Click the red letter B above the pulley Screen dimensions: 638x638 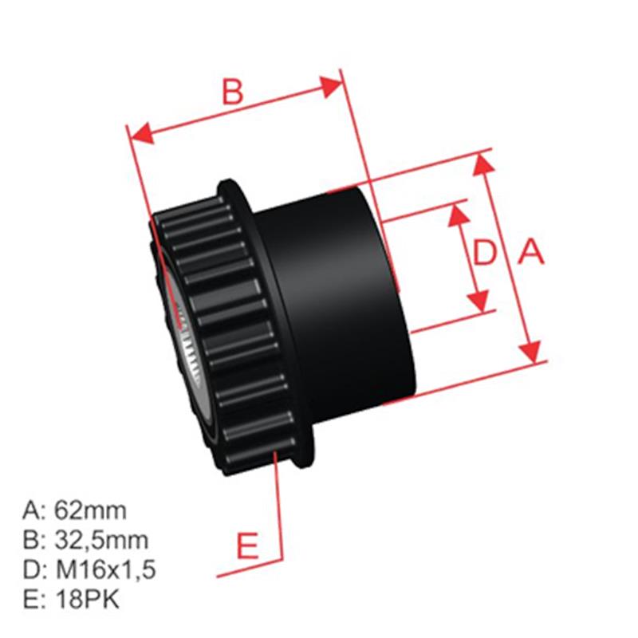click(x=232, y=92)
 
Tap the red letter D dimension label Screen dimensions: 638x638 click(x=485, y=254)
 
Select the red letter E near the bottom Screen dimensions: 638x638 click(x=249, y=546)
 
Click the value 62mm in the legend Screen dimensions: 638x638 click(x=89, y=510)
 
